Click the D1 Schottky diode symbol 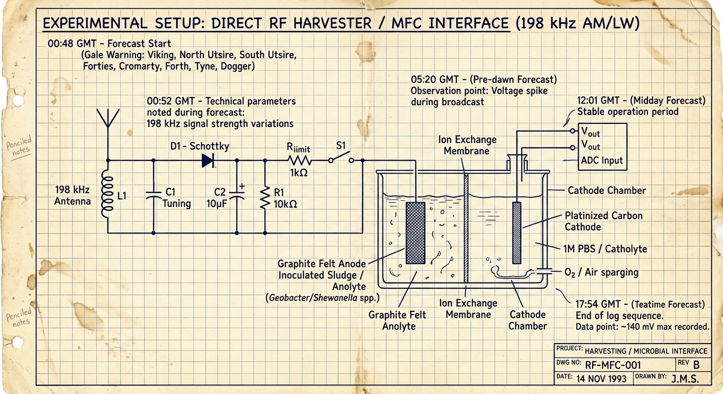pos(208,160)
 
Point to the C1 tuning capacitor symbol pos(154,195)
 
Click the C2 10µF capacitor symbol pos(237,194)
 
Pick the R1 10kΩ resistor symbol pos(265,197)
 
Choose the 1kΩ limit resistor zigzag pos(299,160)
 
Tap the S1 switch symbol pos(341,157)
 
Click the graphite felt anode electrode pos(415,233)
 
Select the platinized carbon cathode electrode pos(517,233)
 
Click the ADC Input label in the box pos(602,160)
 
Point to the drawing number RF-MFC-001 pos(613,365)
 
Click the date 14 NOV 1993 pos(601,379)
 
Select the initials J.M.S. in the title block pos(685,379)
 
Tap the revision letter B pos(696,365)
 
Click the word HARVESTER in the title pos(333,23)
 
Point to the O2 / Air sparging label pos(601,272)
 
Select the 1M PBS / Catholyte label pos(605,249)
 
